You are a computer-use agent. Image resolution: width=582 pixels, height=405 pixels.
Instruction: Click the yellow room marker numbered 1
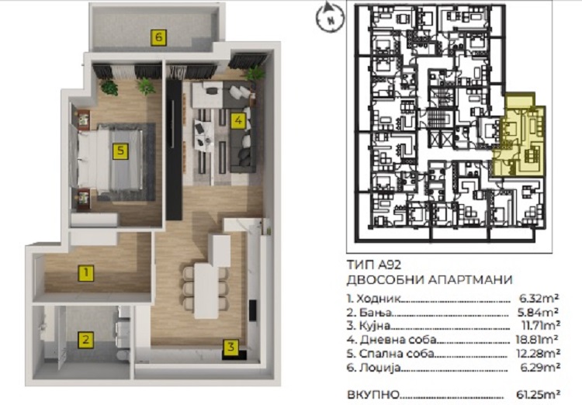click(x=86, y=273)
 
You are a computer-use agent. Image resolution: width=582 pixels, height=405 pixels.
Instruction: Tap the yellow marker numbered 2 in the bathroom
click(x=85, y=340)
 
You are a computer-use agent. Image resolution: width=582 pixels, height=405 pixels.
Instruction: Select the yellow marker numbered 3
click(x=231, y=347)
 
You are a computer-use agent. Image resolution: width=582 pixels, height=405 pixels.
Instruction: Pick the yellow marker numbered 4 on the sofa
click(x=238, y=120)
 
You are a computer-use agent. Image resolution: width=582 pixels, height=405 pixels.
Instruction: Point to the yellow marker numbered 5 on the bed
click(x=120, y=151)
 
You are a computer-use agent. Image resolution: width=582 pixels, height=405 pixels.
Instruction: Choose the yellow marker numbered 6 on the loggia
click(x=158, y=37)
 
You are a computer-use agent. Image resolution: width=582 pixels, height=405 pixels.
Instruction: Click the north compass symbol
click(x=330, y=17)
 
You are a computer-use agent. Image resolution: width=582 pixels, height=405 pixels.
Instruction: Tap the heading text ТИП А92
click(x=374, y=265)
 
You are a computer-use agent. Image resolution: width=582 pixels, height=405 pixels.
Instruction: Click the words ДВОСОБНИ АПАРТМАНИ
click(x=429, y=279)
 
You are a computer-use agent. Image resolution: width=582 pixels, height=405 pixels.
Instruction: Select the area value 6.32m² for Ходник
click(x=539, y=298)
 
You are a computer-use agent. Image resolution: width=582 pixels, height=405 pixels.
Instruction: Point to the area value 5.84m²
click(x=539, y=312)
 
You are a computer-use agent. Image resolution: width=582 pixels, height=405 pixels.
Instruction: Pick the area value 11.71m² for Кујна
click(x=540, y=326)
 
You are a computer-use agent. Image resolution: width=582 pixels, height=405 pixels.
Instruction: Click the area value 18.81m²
click(x=538, y=339)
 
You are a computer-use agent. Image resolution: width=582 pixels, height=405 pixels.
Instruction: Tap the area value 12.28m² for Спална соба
click(x=539, y=353)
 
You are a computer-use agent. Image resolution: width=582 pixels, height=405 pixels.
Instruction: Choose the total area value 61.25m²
click(x=538, y=394)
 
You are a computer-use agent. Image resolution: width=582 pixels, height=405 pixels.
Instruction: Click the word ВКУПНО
click(x=373, y=394)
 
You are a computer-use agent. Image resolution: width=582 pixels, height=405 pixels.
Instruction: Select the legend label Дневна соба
click(x=397, y=340)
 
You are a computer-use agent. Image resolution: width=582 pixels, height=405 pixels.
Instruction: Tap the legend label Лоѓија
click(x=379, y=368)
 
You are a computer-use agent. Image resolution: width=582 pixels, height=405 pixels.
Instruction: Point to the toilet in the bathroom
click(x=123, y=355)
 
